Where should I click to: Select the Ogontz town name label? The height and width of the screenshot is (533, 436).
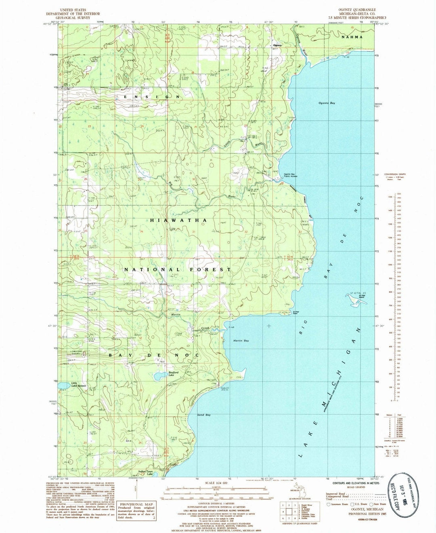[x=277, y=45]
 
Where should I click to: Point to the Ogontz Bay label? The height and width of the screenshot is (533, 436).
[x=327, y=103]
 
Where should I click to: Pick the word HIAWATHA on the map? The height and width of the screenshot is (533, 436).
[x=179, y=220]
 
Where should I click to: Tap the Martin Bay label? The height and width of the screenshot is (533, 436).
[x=241, y=341]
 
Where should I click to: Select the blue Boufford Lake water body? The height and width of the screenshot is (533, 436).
[x=159, y=377]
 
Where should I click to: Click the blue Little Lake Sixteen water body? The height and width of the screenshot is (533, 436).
[x=63, y=386]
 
